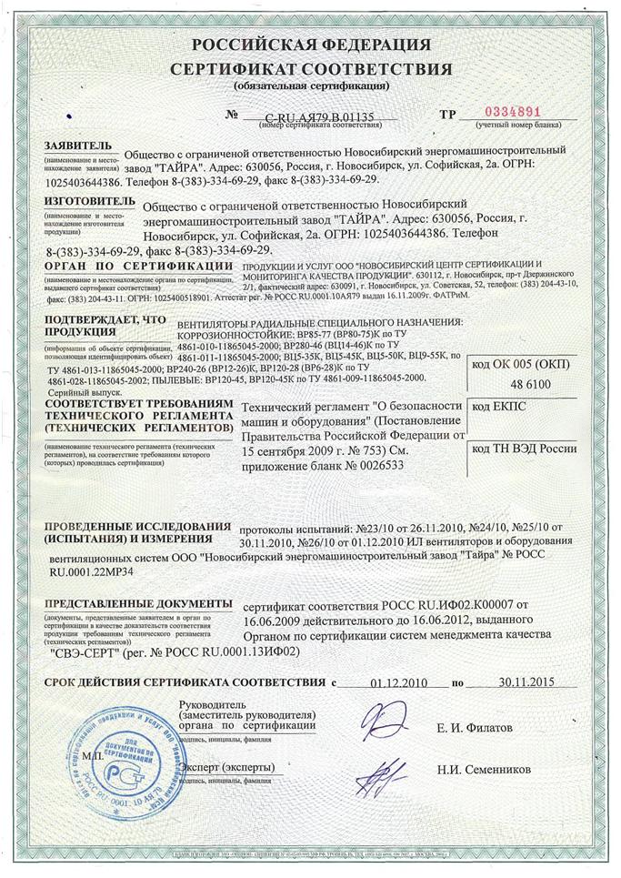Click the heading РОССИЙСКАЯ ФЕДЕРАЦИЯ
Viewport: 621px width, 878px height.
[x=311, y=45]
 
